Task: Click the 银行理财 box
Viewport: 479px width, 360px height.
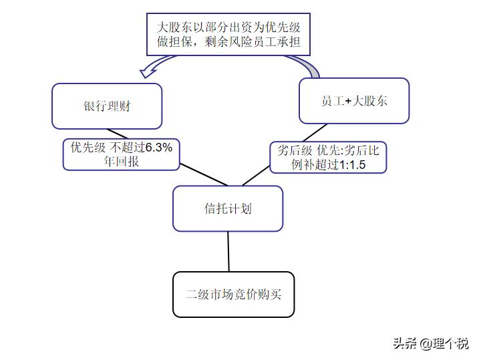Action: tap(107, 106)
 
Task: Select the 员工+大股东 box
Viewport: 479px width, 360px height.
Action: tap(353, 101)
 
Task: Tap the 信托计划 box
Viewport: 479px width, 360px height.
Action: tap(228, 208)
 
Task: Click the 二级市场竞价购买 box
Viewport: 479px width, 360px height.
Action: tap(233, 294)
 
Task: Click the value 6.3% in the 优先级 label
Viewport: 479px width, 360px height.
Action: tap(158, 148)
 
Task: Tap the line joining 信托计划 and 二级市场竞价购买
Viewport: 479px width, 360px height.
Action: tap(228, 251)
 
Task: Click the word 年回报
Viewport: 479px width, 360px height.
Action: tap(121, 161)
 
